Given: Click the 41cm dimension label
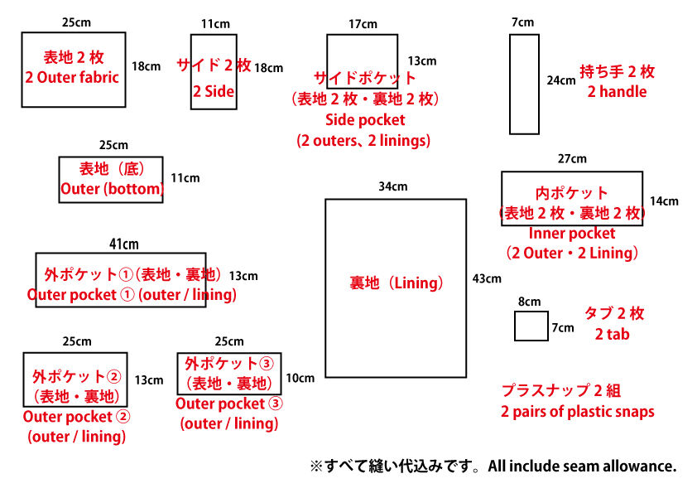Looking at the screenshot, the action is click(124, 244).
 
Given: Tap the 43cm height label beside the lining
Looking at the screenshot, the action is click(487, 278).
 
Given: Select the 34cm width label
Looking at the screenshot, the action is click(393, 186).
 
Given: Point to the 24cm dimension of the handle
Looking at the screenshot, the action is click(561, 80).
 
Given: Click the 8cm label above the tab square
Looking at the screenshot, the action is click(530, 302).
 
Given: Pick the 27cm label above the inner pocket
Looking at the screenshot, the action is click(572, 159).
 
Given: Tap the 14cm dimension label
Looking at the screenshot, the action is click(664, 201).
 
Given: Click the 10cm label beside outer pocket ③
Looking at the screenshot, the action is click(300, 378).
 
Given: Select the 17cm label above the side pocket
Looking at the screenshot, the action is click(363, 24).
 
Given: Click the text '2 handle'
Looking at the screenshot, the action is click(617, 92).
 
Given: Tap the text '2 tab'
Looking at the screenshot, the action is click(612, 334).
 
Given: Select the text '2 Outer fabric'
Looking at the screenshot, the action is click(72, 77).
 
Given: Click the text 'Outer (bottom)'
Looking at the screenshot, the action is click(113, 189).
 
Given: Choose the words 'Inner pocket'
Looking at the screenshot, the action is click(572, 233).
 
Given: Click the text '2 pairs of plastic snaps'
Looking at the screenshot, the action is click(578, 412).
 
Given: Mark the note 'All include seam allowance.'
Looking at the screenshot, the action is click(582, 466).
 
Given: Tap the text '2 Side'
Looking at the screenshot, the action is click(214, 92).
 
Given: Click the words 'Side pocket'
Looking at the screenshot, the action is click(365, 119).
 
